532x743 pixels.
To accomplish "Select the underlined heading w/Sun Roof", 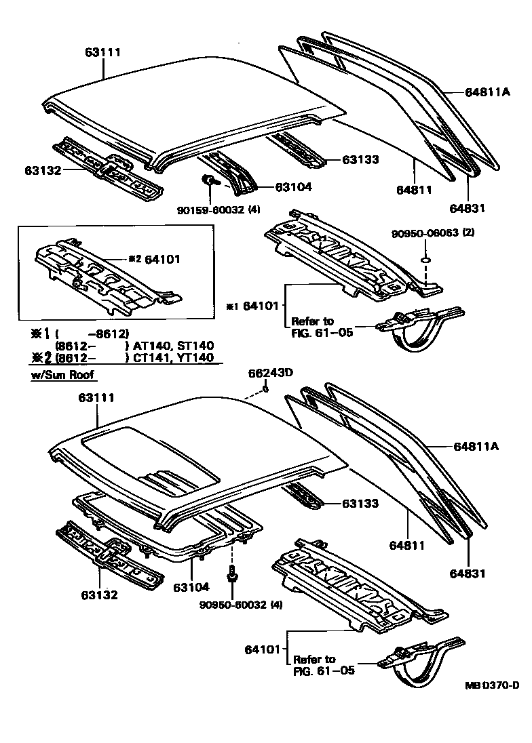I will [x=63, y=374].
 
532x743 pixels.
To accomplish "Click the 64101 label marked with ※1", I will [x=262, y=306].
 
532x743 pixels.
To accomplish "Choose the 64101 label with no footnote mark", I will [x=262, y=649].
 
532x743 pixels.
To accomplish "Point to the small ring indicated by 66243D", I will [x=266, y=388].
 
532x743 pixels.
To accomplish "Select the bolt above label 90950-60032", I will [x=234, y=574].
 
